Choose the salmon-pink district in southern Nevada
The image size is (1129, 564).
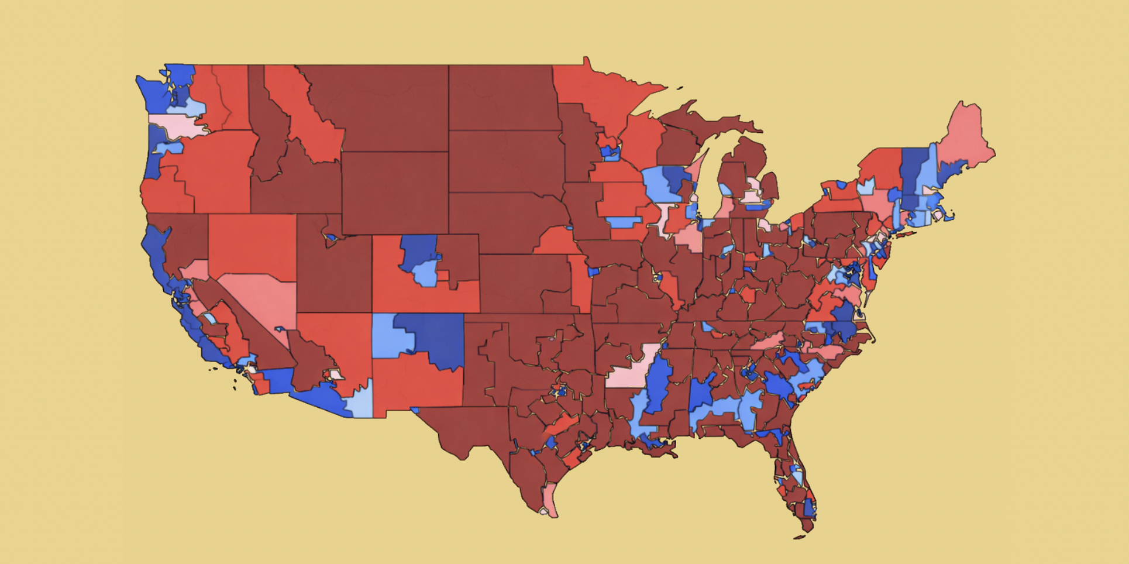pyautogui.click(x=263, y=298)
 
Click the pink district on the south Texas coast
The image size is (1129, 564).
pyautogui.click(x=550, y=497)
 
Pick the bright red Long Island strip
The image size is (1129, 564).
pyautogui.click(x=904, y=236)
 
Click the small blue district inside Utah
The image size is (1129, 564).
pyautogui.click(x=331, y=238)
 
